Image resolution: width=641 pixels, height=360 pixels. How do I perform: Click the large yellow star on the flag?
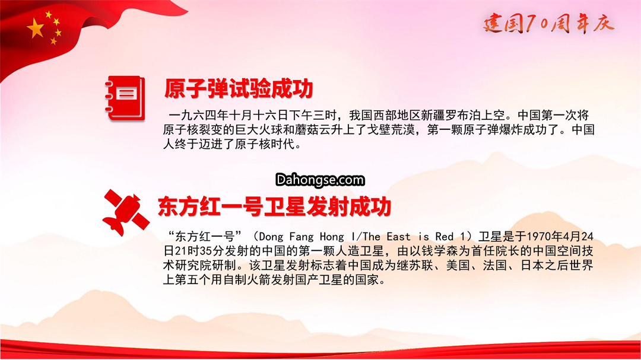click(x=36, y=29)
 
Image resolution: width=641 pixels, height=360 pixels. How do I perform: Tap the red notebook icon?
click(x=125, y=98)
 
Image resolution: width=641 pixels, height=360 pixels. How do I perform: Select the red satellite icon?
click(x=125, y=212)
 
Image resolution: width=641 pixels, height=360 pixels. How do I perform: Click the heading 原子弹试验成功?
click(x=239, y=89)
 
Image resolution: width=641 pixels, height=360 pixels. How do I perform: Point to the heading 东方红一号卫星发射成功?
click(x=274, y=206)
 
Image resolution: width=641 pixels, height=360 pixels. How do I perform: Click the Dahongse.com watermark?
click(x=320, y=180)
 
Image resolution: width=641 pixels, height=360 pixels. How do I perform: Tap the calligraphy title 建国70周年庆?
click(x=548, y=23)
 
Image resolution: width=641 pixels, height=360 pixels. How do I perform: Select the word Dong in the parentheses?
click(x=271, y=237)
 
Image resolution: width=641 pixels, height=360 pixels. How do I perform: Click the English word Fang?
click(x=302, y=237)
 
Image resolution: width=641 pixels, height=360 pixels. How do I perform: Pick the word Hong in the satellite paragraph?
click(x=332, y=237)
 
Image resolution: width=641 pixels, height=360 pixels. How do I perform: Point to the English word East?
click(x=399, y=237)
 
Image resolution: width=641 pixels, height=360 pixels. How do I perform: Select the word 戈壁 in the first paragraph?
click(x=379, y=130)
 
